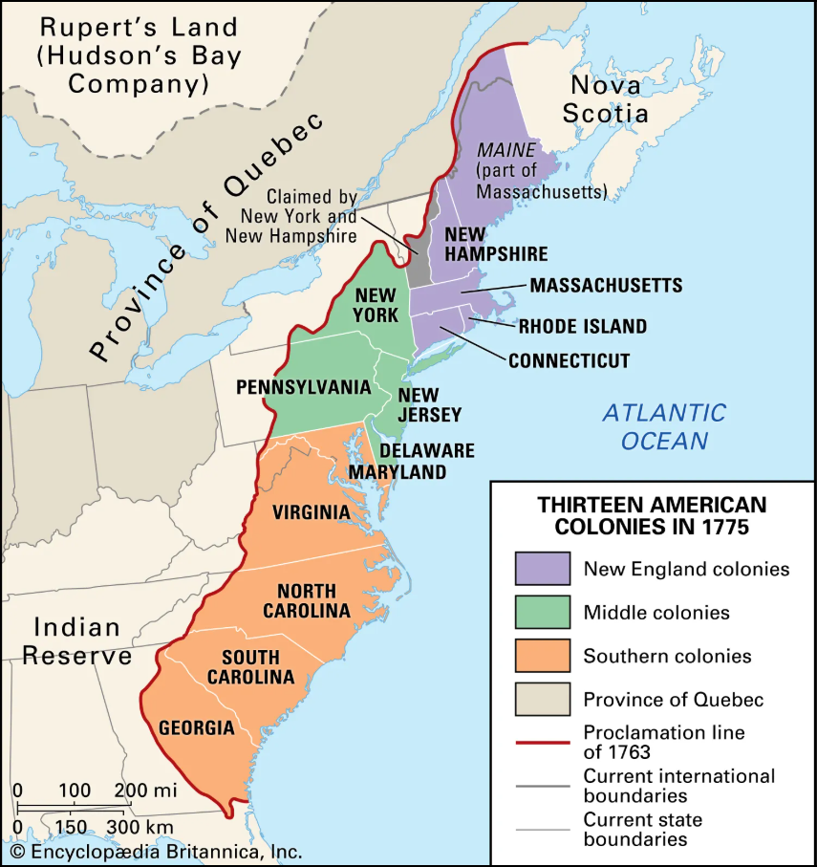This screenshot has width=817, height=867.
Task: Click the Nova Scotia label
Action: click(609, 99)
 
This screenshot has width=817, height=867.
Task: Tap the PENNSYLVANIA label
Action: click(304, 387)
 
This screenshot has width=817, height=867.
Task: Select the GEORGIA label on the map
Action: click(196, 727)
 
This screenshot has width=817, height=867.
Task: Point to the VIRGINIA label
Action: click(311, 512)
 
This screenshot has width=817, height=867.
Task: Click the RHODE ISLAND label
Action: click(583, 326)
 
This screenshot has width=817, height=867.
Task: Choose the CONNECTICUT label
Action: click(569, 360)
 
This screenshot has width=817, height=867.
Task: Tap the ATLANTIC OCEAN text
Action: click(664, 426)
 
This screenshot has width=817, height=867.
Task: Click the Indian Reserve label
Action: click(76, 641)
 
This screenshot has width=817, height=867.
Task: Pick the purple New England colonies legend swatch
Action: click(542, 569)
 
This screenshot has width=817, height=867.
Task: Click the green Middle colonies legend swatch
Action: click(542, 613)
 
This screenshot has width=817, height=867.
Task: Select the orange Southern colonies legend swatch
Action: click(542, 656)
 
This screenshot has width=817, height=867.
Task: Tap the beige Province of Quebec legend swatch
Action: click(542, 700)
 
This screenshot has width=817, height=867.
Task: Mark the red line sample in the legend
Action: click(542, 741)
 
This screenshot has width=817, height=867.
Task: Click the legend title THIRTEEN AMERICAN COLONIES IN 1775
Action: click(652, 514)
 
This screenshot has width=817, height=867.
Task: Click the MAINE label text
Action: click(506, 150)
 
